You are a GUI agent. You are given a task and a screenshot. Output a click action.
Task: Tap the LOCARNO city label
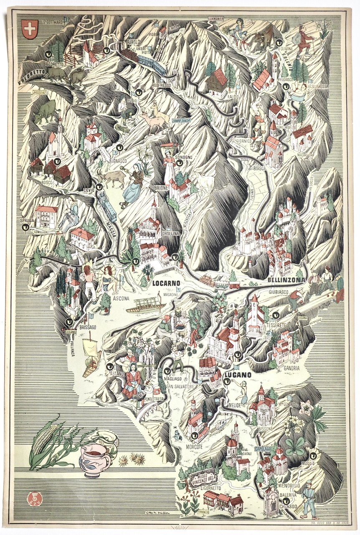coord(166,283)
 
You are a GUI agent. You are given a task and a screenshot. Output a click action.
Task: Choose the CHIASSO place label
coord(290,506)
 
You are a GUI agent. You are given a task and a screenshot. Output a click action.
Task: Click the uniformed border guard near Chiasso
coord(309,499)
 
